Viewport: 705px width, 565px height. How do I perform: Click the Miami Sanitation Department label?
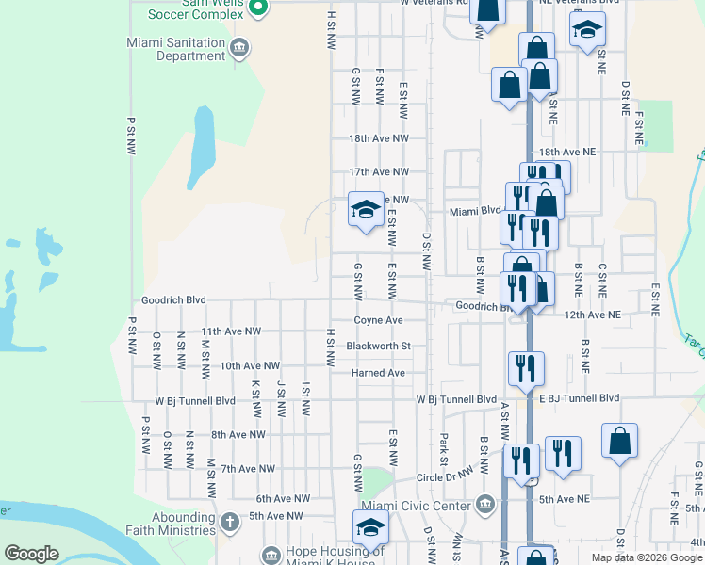pos(176,49)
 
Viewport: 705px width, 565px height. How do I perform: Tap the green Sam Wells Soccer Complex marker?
pos(259,8)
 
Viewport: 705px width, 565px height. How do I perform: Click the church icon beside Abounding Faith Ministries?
pos(229,521)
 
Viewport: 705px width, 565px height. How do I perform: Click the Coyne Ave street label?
pos(378,320)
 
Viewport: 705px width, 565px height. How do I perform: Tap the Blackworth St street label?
pos(378,346)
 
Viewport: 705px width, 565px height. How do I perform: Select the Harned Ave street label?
pos(378,373)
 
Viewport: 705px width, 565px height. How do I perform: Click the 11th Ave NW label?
pos(231,331)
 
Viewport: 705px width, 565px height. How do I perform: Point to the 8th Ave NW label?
pos(238,434)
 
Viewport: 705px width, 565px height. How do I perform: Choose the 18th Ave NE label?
pos(566,151)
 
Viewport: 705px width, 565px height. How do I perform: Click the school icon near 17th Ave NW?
pos(365,208)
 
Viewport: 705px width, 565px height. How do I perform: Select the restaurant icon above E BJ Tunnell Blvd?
pos(525,366)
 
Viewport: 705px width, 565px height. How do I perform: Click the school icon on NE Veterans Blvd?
pos(586,29)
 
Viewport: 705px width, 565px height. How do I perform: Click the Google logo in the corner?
pos(32,554)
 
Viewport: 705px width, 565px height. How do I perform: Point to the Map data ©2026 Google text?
pos(647,557)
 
